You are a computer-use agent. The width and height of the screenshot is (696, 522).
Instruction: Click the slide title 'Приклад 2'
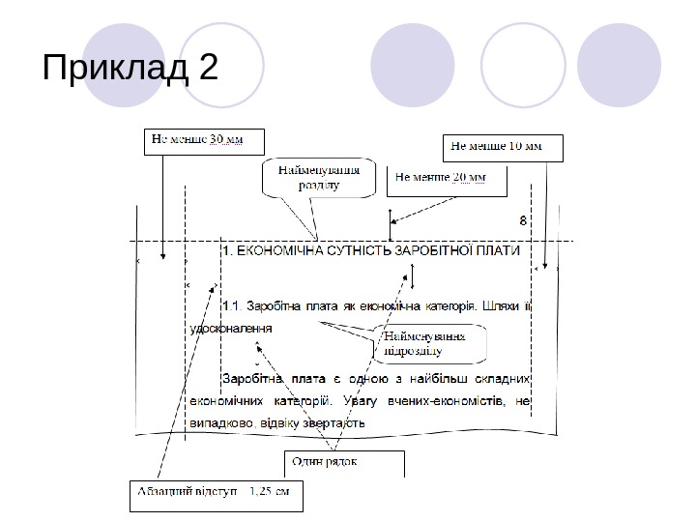coord(131,70)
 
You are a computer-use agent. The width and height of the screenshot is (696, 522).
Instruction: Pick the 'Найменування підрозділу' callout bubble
coord(424,342)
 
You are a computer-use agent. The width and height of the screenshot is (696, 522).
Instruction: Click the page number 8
coord(523,220)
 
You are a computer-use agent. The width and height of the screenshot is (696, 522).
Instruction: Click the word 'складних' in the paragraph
coord(497,378)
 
